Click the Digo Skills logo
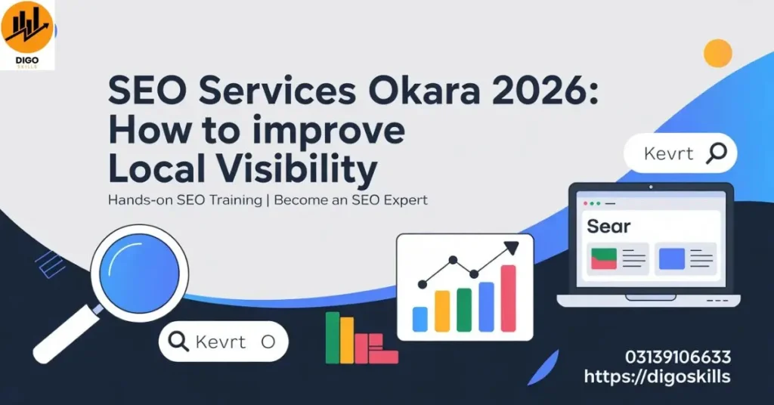point(28,35)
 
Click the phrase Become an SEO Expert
point(351,200)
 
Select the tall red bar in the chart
point(508,298)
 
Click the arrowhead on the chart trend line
point(512,248)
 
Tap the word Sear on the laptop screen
point(608,226)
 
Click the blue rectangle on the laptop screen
point(671,259)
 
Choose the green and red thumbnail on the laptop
point(604,259)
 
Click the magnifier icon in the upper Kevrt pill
point(716,153)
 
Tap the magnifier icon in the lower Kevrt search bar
point(178,342)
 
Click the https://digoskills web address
point(657,376)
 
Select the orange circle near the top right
point(717,53)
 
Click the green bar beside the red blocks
point(332,337)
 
